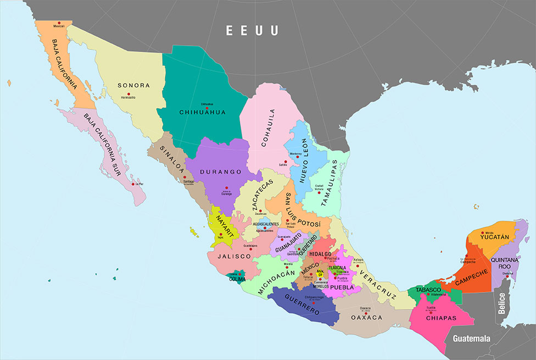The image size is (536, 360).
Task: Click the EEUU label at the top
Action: click(253, 30)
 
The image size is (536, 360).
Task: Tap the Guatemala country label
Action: click(471, 339)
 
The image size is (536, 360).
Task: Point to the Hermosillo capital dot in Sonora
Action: click(129, 94)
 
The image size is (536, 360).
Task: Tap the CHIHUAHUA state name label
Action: click(203, 113)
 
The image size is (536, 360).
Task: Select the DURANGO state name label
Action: click(221, 172)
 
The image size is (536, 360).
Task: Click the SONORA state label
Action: click(134, 86)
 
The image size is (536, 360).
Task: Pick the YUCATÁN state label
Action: click(495, 237)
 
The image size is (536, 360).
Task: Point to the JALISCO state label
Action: click(230, 257)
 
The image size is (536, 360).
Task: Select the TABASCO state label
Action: click(429, 290)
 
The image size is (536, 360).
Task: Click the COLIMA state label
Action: click(237, 279)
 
